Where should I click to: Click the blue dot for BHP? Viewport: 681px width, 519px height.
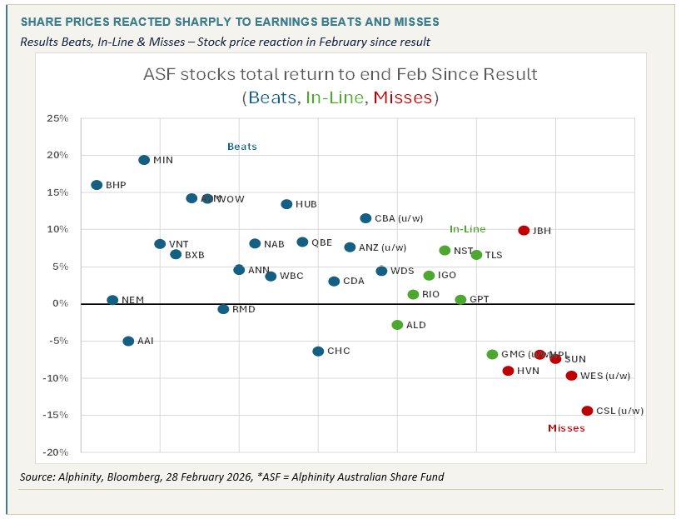[97, 185]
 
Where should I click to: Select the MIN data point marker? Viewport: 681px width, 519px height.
[144, 160]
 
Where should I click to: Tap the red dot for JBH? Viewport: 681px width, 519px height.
[524, 231]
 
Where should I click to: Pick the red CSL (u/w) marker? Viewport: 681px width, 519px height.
[587, 411]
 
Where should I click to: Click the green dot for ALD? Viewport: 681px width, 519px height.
[397, 325]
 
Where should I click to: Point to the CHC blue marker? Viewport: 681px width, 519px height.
[318, 352]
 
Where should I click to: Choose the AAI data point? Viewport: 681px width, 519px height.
[128, 341]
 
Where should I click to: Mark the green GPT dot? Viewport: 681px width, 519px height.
[460, 299]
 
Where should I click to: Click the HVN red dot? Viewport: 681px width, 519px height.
[508, 371]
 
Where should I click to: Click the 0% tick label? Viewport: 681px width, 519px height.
[60, 304]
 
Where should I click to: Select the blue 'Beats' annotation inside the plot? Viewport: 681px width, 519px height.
[242, 147]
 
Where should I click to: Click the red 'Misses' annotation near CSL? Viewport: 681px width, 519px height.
[566, 428]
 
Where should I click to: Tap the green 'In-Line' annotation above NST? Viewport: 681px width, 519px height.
[467, 229]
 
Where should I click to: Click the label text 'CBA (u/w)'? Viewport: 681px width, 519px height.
[399, 219]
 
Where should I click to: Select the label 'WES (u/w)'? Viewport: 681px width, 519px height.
[605, 376]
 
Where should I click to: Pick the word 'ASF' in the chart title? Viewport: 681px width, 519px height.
[162, 74]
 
